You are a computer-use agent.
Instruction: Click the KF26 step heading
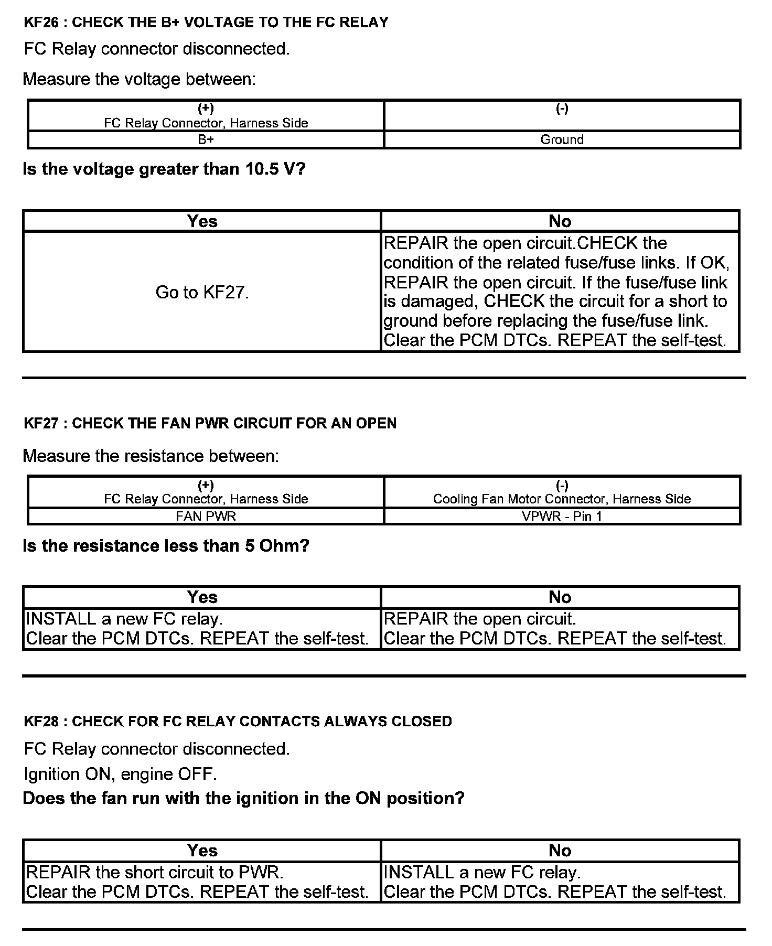206,23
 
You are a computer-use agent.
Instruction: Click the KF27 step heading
210,423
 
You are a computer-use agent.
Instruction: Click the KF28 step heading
238,721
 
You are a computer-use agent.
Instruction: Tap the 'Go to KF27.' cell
202,292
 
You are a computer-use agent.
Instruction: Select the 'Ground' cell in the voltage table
562,139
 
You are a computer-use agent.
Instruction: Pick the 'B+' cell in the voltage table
206,139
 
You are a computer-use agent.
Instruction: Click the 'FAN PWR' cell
206,516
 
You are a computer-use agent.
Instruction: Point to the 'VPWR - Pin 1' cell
562,516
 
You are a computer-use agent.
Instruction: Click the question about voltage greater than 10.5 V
164,169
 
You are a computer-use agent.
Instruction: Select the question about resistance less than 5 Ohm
166,546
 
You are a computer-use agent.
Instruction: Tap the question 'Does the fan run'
243,798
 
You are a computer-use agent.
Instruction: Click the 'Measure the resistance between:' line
151,456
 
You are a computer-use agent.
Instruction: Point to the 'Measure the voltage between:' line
139,79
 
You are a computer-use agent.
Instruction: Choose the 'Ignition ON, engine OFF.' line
120,773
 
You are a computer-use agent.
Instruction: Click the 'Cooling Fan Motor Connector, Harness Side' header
562,499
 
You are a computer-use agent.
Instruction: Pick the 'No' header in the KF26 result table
560,221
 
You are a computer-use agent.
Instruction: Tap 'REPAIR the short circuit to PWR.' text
155,872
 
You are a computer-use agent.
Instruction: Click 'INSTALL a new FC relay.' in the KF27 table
124,619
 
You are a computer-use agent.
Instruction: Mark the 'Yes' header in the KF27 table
202,597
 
